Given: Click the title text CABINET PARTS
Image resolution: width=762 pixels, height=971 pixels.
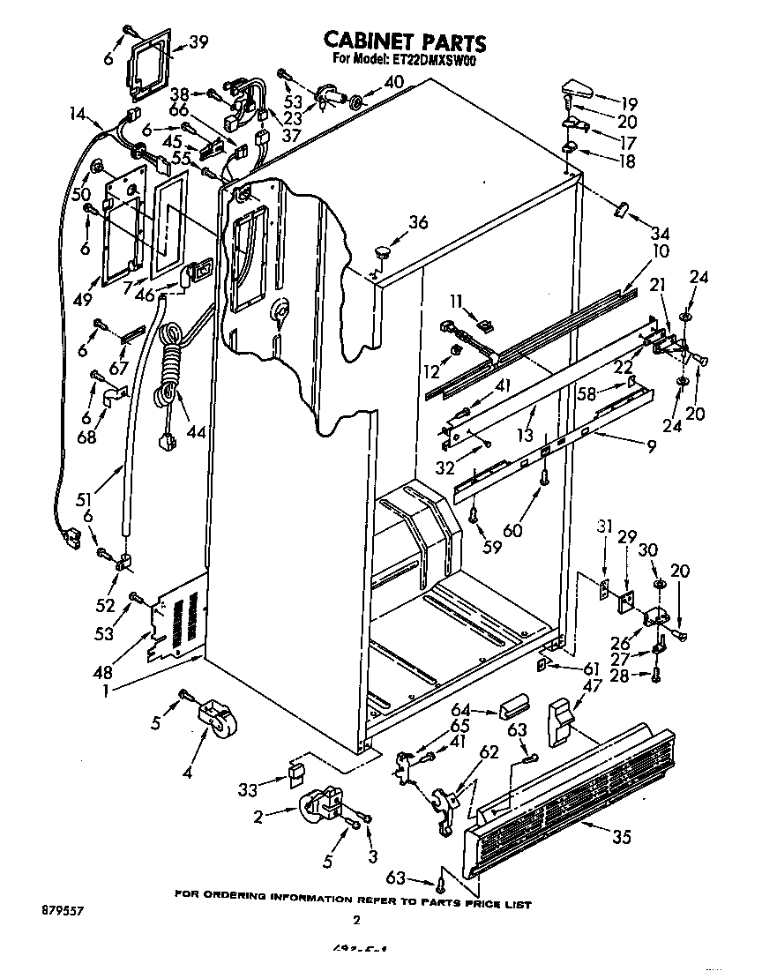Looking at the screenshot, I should [x=405, y=41].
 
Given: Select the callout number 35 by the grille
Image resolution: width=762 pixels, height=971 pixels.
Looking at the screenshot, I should [x=622, y=837].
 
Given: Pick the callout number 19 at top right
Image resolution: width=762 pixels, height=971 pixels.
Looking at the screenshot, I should [x=628, y=101].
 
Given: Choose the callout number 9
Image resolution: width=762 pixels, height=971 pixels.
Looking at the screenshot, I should [x=651, y=446].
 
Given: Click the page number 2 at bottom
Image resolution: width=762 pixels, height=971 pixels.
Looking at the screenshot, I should [x=356, y=921].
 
